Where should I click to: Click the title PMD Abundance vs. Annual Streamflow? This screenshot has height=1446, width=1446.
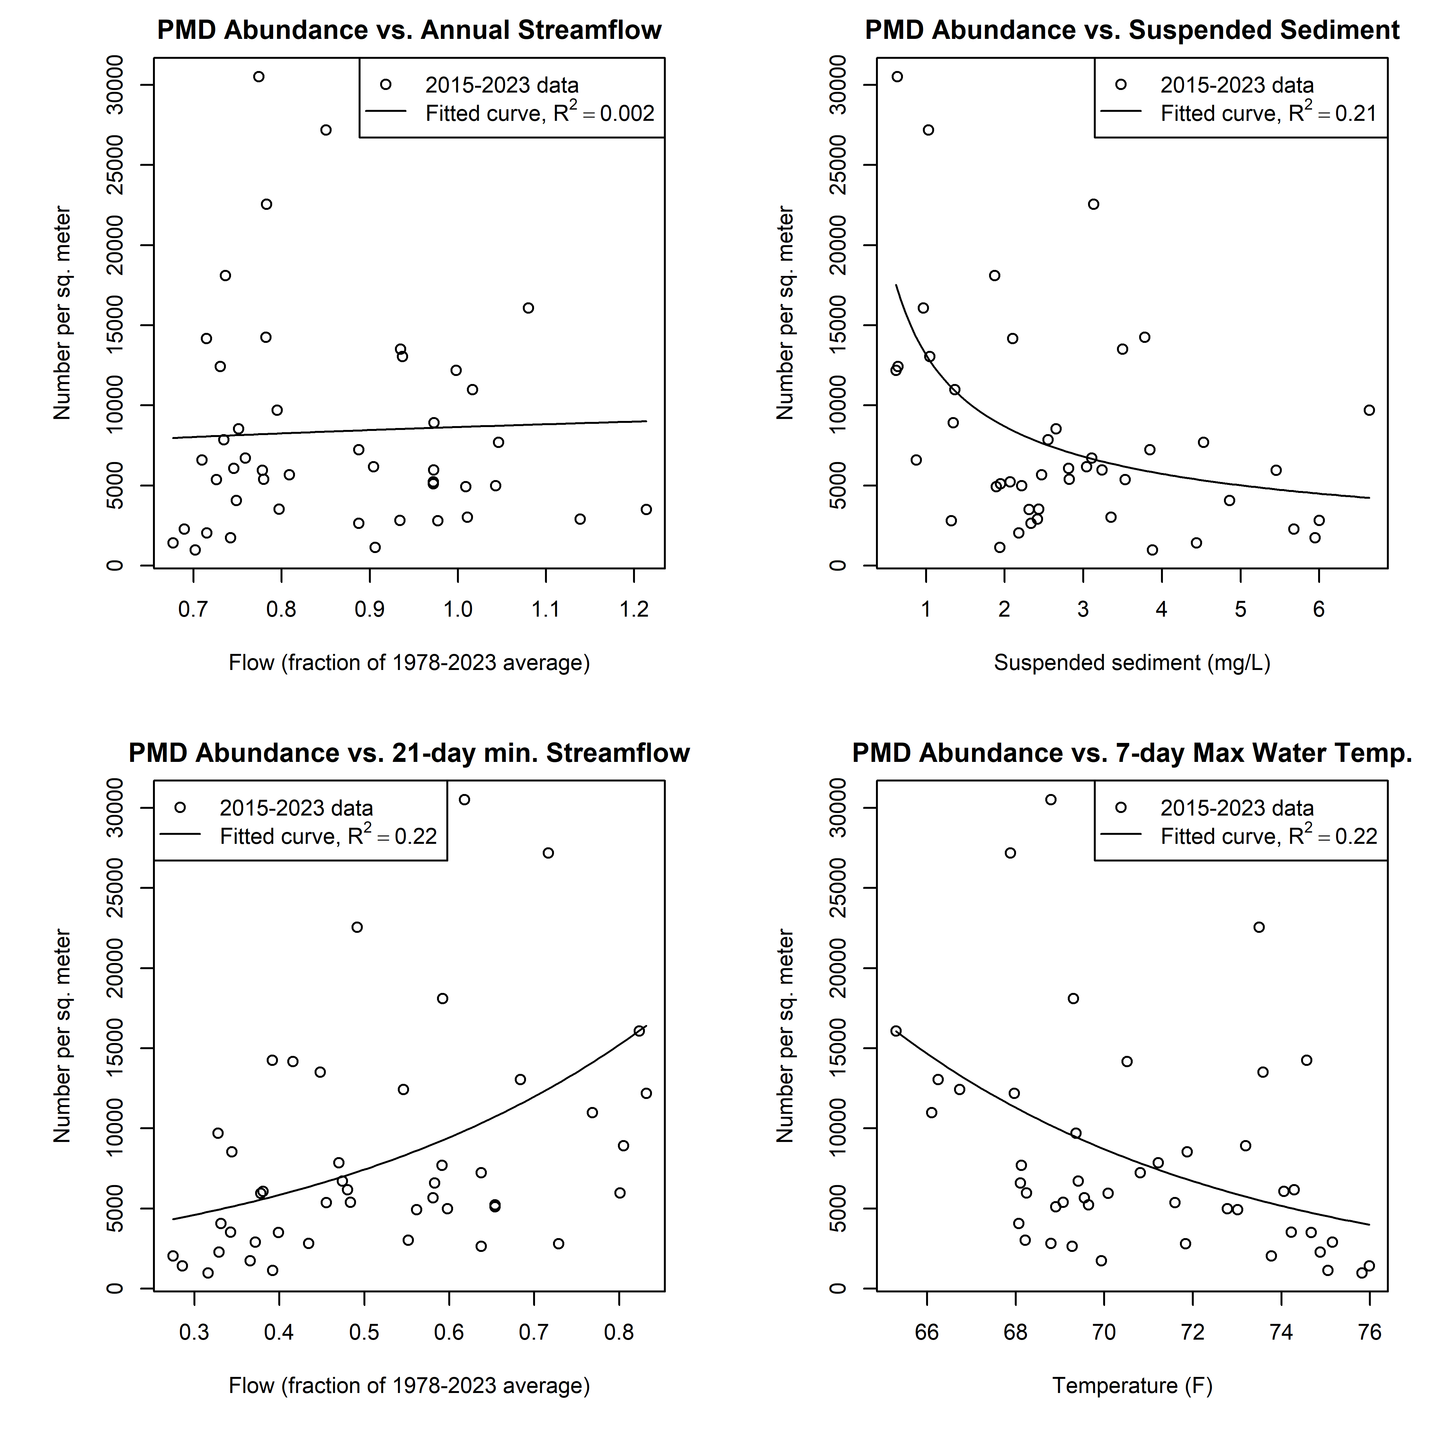click(409, 30)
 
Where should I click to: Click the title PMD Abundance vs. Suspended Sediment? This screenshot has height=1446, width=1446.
click(1132, 30)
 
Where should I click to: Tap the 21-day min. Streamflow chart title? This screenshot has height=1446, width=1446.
click(409, 753)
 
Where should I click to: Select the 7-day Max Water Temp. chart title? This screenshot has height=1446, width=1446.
click(1132, 753)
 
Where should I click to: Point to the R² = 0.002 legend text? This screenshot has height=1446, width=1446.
click(539, 113)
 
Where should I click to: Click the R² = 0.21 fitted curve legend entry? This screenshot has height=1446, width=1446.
click(1268, 113)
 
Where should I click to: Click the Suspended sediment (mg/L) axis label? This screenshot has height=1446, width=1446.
click(1132, 662)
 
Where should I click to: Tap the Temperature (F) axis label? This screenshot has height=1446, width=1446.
click(1132, 1385)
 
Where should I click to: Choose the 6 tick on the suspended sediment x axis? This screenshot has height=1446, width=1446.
click(1319, 609)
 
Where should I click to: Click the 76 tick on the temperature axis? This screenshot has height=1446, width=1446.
click(1370, 1332)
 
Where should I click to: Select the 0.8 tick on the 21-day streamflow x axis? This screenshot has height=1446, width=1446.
click(619, 1332)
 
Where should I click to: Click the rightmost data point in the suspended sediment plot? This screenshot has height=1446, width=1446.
click(1369, 410)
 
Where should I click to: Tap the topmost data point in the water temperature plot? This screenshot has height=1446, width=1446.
click(1051, 799)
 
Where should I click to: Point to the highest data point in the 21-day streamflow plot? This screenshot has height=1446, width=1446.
click(464, 799)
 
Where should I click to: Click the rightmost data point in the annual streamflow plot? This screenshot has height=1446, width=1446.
click(646, 510)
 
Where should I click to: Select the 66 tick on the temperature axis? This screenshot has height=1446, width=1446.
click(927, 1332)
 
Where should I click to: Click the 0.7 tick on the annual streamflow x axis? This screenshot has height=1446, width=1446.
click(193, 609)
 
